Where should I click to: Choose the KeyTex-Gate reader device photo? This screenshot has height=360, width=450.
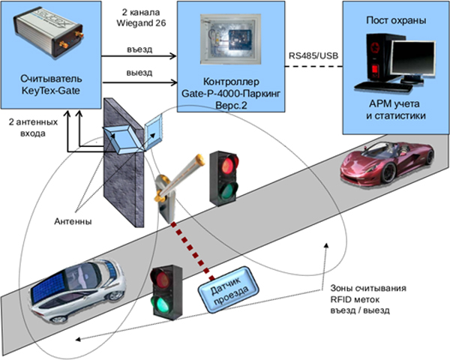pyautogui.click(x=46, y=34)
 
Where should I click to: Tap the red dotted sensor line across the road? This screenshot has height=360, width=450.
pyautogui.click(x=192, y=251)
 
